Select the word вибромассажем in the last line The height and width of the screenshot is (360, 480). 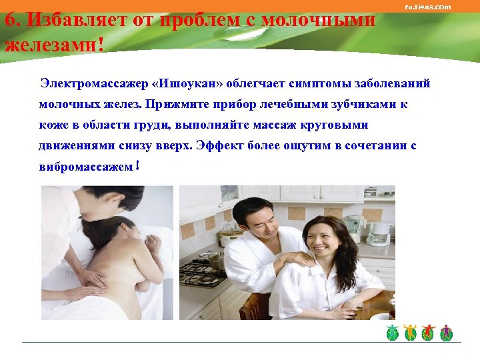tap(85, 165)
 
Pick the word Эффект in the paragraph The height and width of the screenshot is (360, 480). tap(223, 145)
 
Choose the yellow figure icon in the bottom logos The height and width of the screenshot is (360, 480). tap(411, 332)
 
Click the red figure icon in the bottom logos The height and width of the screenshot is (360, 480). tap(429, 332)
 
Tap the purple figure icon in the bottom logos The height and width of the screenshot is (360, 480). tap(446, 332)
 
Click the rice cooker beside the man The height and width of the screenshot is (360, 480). tap(231, 236)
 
